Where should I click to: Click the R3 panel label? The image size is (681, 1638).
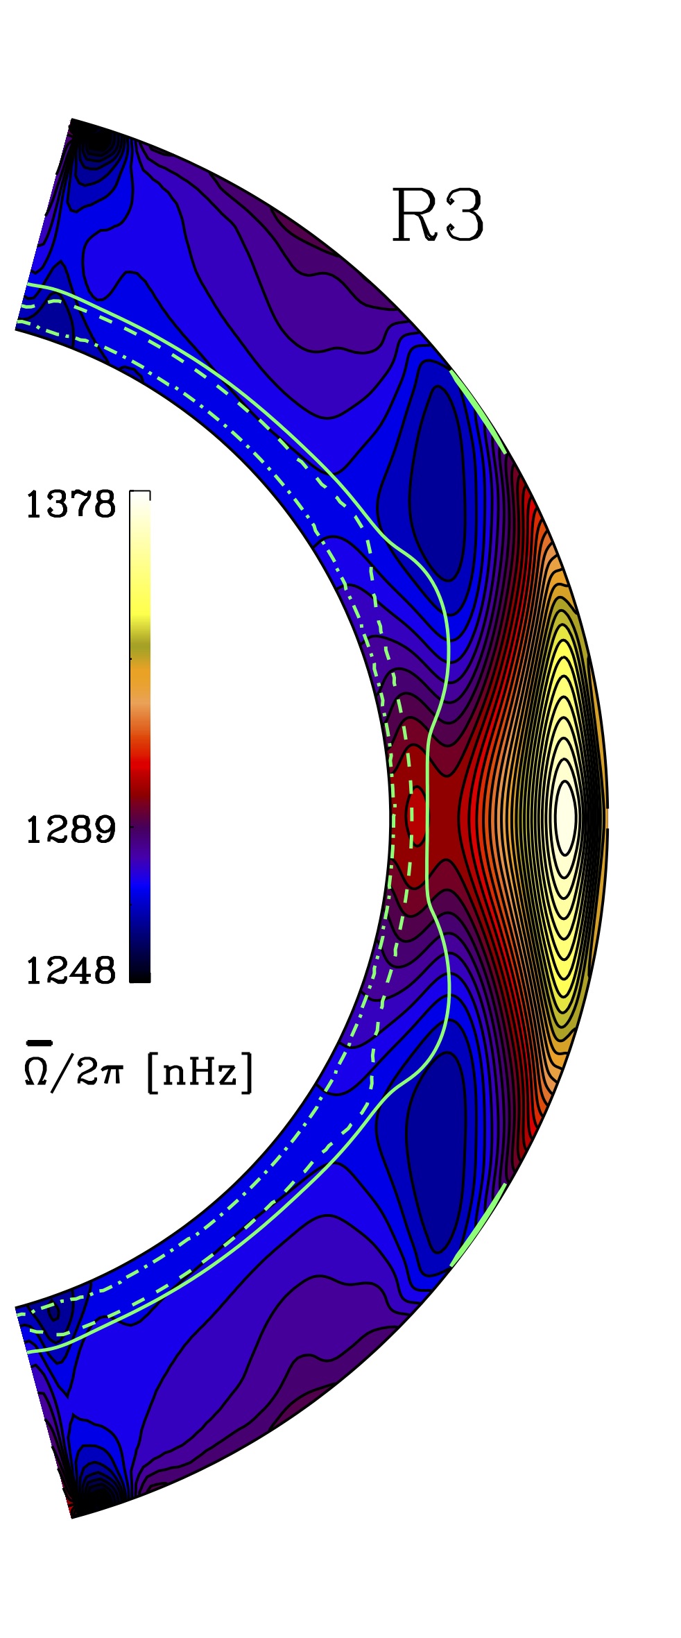[x=438, y=215]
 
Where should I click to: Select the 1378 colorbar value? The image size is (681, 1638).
[x=70, y=504]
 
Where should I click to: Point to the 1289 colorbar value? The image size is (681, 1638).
[x=70, y=829]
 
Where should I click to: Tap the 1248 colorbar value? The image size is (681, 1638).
[x=70, y=971]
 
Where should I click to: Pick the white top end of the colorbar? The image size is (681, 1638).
[x=140, y=501]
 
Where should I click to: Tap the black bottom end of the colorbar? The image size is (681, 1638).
[x=140, y=973]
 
